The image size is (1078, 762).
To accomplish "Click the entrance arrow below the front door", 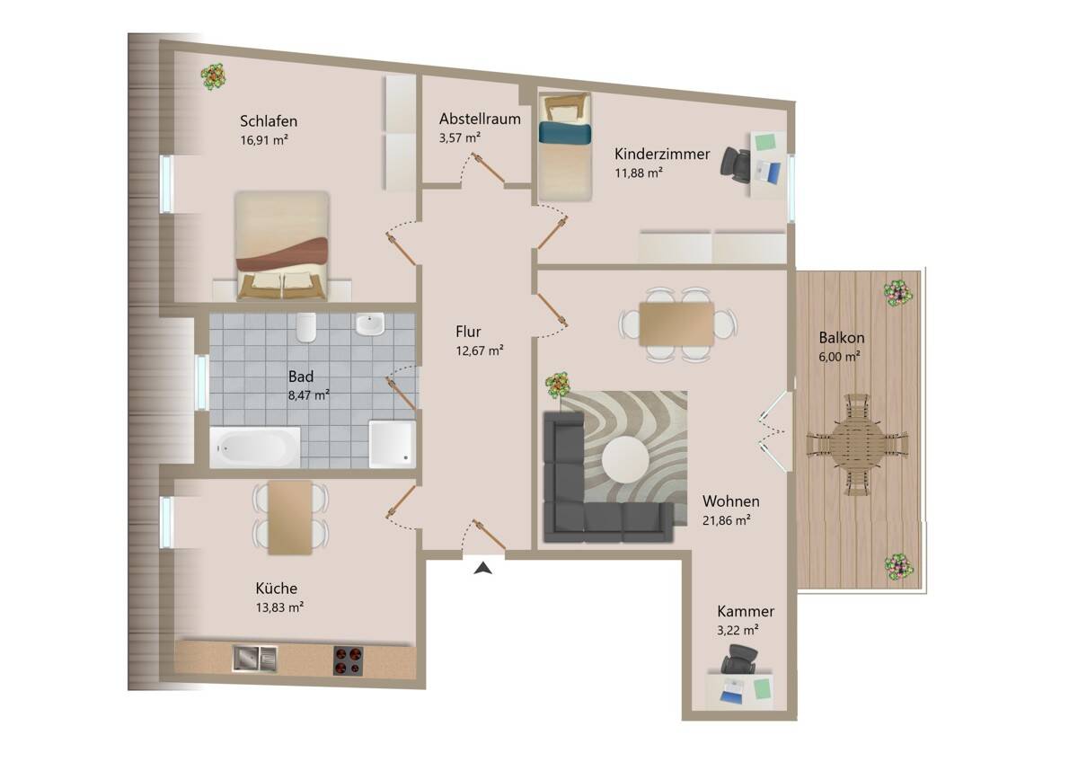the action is click(483, 569).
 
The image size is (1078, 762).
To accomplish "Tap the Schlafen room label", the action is click(269, 120).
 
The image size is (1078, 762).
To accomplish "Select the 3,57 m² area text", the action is click(460, 138).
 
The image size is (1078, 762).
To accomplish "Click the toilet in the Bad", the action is click(306, 327).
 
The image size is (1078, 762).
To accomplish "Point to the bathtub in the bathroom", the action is click(254, 447).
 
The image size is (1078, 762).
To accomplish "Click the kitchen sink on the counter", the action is click(255, 659).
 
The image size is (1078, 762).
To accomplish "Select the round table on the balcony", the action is click(857, 444).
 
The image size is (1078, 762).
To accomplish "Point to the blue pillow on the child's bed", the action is click(564, 133).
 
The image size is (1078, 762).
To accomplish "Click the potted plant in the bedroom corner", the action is click(213, 76).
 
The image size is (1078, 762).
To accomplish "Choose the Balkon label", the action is click(841, 338).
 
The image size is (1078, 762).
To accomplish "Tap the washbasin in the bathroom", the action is click(369, 323).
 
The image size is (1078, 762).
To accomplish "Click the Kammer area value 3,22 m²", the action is click(738, 630).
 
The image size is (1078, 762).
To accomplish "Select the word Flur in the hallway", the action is click(468, 332).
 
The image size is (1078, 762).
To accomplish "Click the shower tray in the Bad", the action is click(392, 444).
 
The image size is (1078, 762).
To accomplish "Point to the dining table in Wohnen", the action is click(676, 324).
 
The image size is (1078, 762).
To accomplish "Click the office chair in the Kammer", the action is click(738, 659).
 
